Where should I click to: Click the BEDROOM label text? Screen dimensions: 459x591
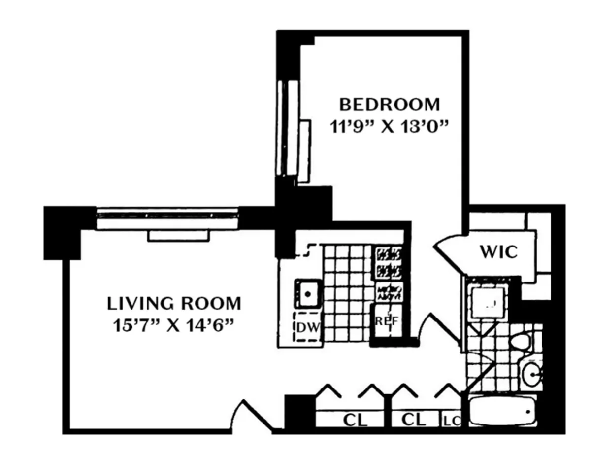[x=389, y=105]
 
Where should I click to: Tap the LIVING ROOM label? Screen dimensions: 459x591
[x=174, y=303]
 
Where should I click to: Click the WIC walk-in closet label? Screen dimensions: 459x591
[x=498, y=252]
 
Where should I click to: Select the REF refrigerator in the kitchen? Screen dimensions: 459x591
[x=386, y=321]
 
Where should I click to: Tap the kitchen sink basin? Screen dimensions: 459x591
[x=308, y=294]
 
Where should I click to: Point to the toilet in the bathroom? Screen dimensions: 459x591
[x=520, y=341]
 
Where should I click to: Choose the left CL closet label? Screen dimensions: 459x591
[x=355, y=420]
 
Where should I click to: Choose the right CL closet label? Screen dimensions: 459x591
[x=414, y=420]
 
